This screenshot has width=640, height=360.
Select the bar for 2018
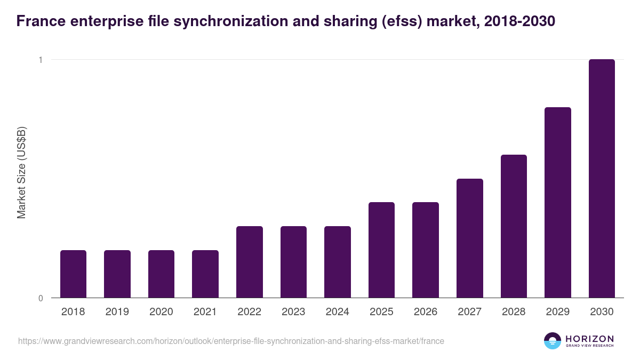pos(73,274)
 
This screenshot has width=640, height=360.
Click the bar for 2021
pos(205,274)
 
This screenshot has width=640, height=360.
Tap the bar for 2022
pos(250,262)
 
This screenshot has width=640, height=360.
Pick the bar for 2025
pos(381,250)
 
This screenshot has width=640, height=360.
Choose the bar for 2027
pos(470,238)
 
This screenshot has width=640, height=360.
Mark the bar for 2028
pos(514,226)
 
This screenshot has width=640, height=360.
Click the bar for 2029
pos(558,202)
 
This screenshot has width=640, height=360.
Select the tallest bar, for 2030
pos(602,179)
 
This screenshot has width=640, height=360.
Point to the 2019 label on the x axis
pos(117,312)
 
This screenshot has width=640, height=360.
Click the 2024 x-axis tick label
pos(338,312)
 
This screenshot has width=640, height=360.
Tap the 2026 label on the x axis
pos(426,312)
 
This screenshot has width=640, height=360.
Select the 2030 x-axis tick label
pos(602,312)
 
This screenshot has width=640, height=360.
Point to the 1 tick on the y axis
pos(40,60)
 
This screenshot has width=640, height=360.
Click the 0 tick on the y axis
pos(40,298)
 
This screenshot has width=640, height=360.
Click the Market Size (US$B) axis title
pos(22,172)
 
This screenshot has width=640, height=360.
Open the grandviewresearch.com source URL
pos(231,341)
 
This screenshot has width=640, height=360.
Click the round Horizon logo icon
pos(553,341)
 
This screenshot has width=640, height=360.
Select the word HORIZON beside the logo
pos(590,339)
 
